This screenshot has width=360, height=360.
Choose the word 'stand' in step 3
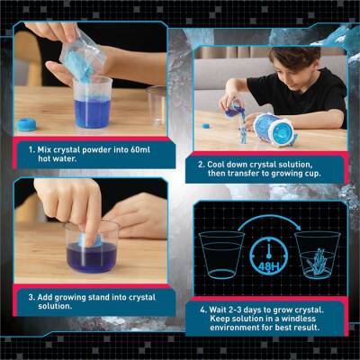(105, 296)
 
